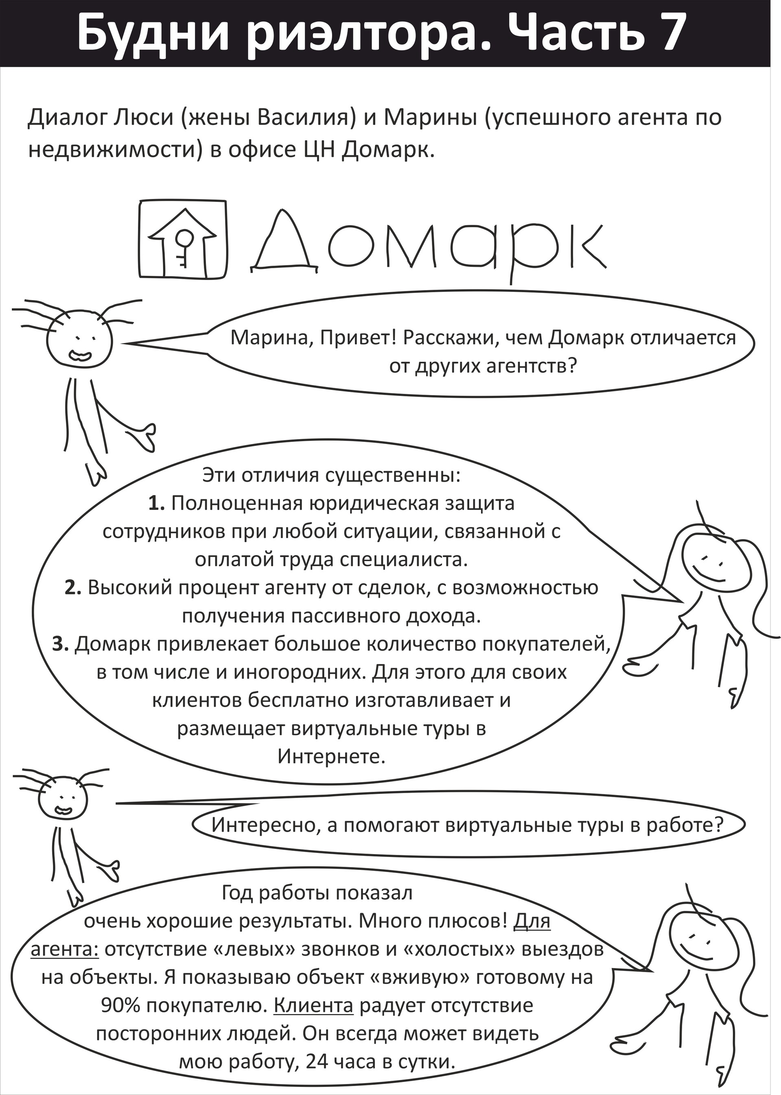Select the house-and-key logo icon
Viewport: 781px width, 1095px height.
pos(182,238)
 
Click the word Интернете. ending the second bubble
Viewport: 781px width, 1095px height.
pos(332,756)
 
